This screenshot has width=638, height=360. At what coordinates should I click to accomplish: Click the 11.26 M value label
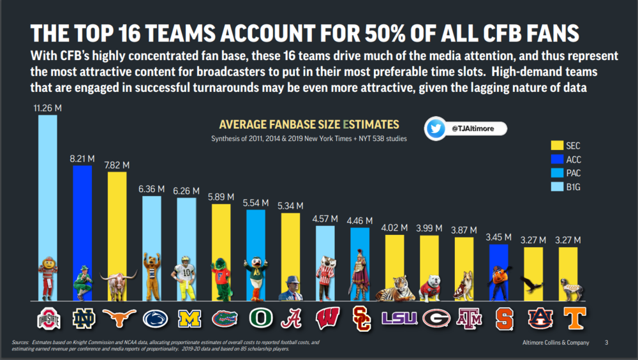[48, 109]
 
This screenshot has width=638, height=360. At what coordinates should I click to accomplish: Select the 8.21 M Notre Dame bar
[82, 211]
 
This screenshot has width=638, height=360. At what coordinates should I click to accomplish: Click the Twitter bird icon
[436, 129]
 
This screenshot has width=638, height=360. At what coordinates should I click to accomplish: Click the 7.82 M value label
[117, 165]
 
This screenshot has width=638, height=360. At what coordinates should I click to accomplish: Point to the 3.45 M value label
[498, 237]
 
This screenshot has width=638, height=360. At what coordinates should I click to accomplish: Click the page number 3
[607, 343]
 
